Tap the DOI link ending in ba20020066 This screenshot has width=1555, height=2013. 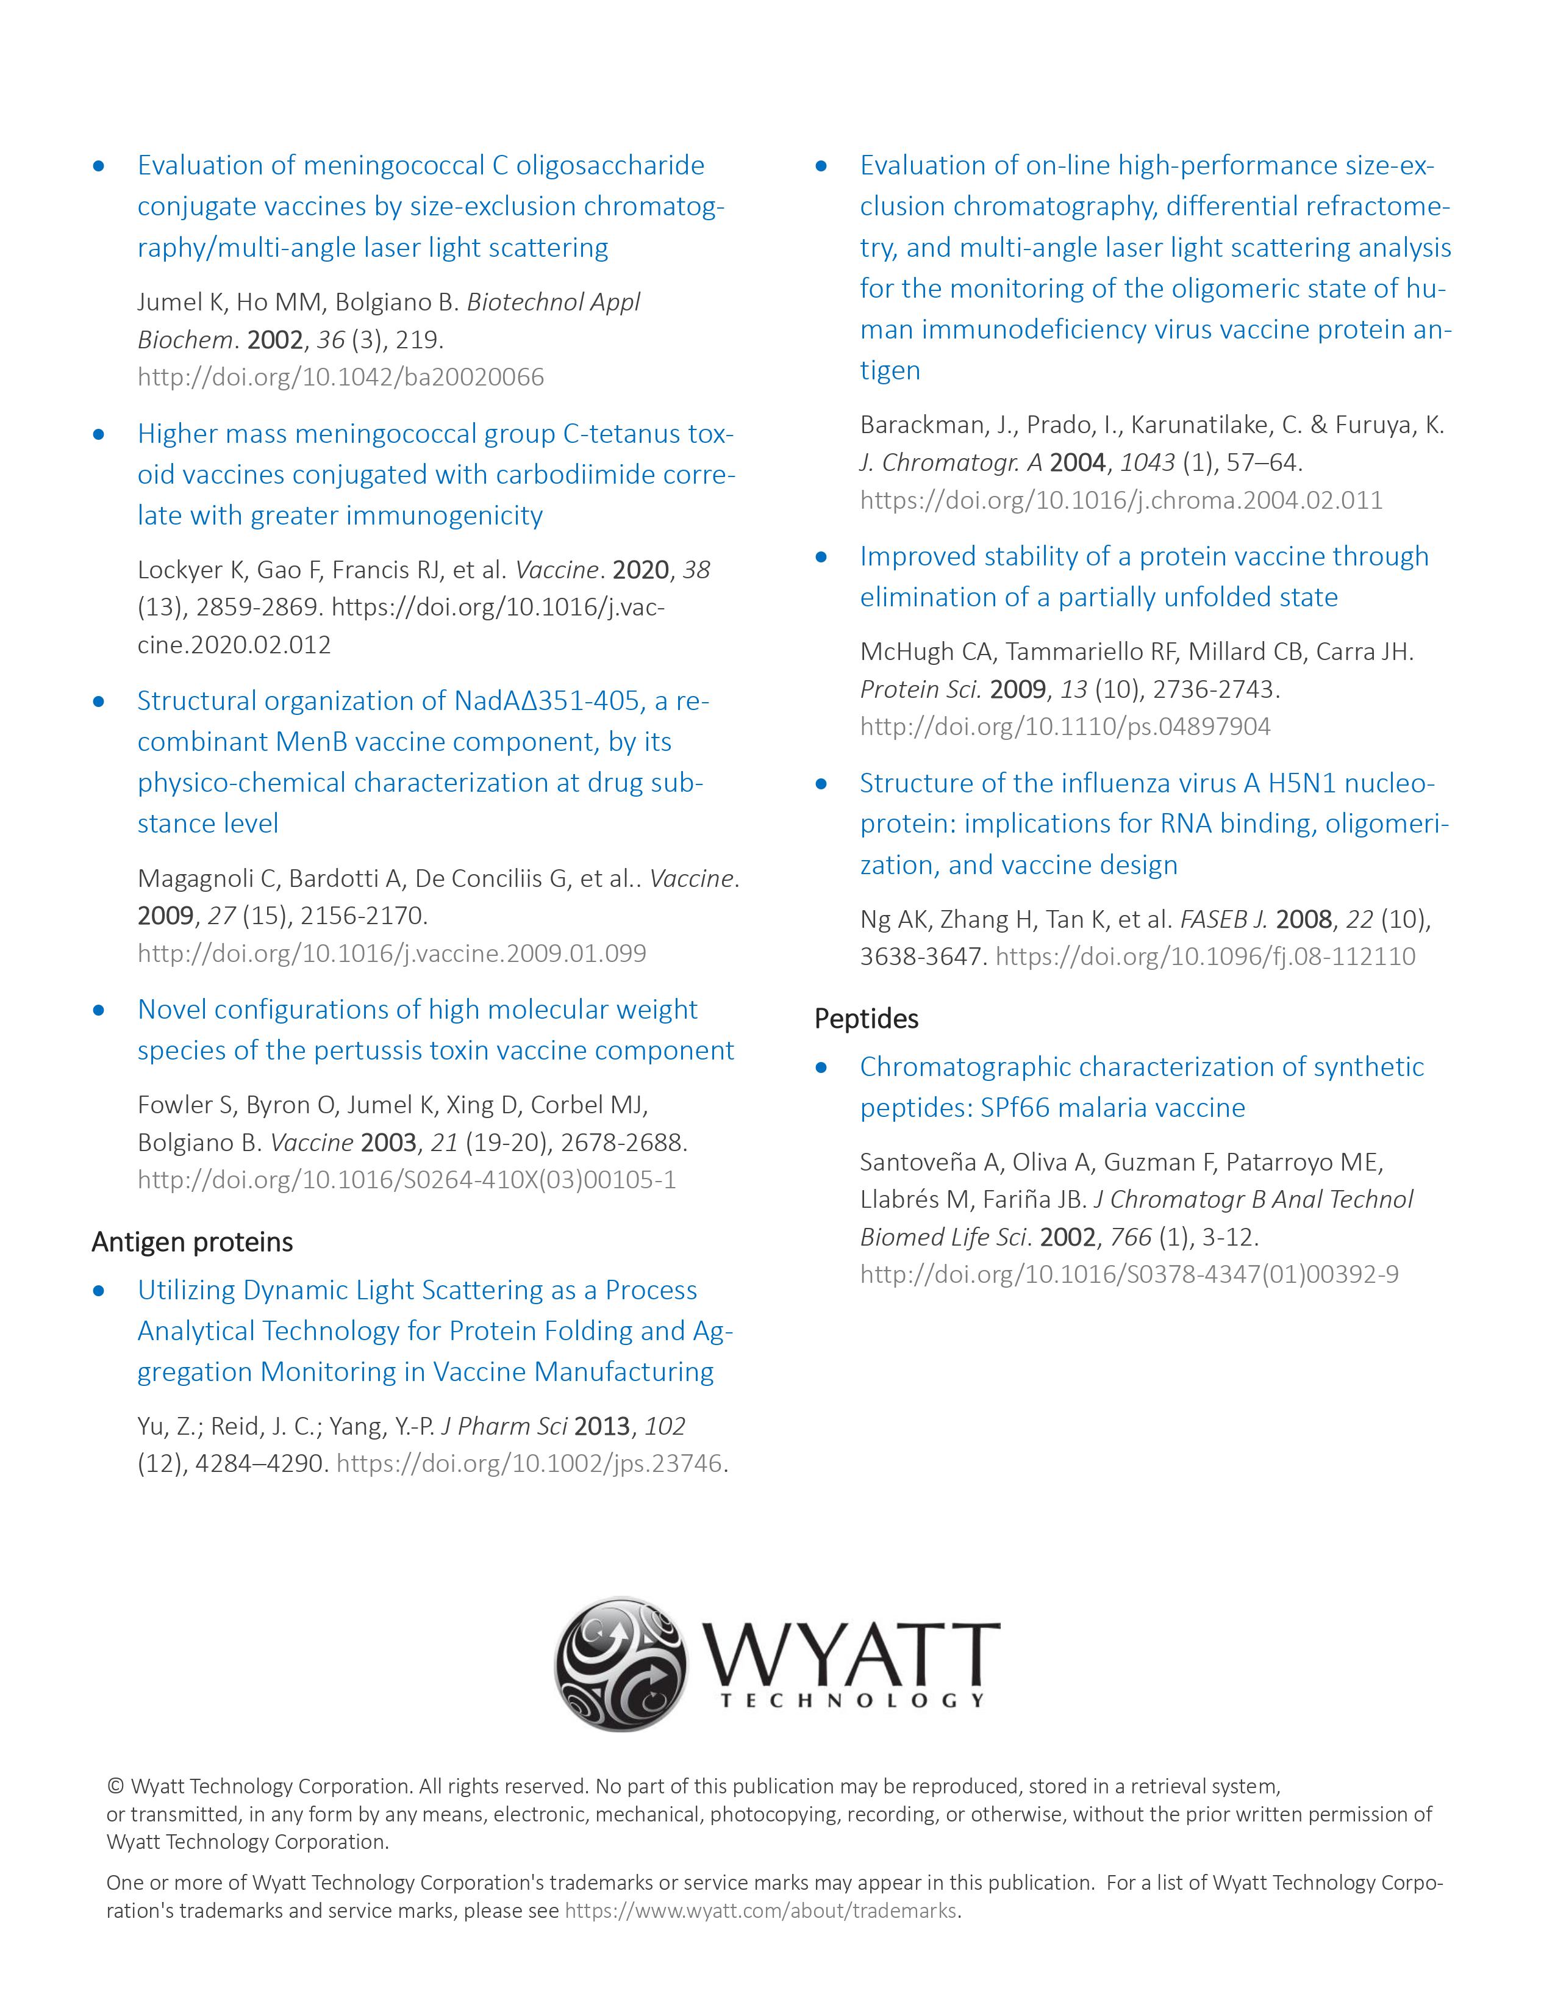point(341,377)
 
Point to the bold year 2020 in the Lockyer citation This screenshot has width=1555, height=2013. point(640,570)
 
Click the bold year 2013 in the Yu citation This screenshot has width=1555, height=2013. point(601,1426)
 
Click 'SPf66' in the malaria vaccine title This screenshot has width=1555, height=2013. point(1014,1107)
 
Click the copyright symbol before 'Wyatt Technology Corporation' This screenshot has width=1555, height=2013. point(115,1786)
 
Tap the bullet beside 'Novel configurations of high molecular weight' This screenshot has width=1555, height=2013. point(99,1010)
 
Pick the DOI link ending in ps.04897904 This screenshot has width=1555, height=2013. point(1065,727)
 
